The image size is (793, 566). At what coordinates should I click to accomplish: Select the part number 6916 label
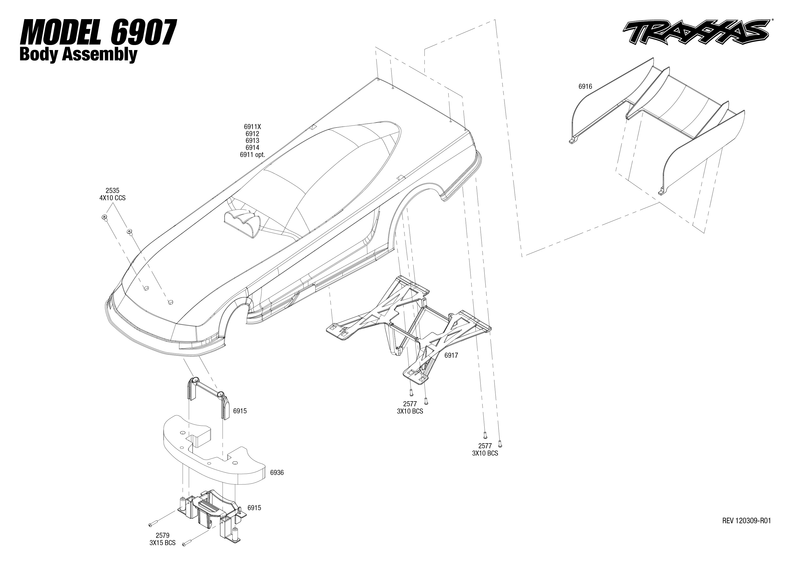tap(585, 87)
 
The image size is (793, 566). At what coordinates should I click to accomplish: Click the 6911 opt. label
tap(252, 155)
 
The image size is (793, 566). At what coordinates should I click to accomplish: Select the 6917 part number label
tap(451, 355)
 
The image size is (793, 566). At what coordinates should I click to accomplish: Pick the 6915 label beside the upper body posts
tap(240, 411)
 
